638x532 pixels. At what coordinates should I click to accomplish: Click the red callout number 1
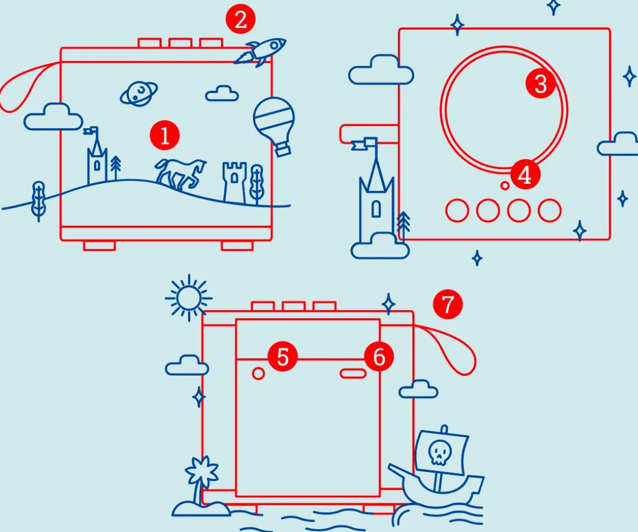coord(166,136)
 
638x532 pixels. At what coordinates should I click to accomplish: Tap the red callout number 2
coord(240,21)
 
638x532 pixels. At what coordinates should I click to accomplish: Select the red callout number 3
coord(540,84)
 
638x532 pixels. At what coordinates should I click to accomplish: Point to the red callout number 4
coord(525,175)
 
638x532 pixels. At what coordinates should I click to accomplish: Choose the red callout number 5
coord(282,357)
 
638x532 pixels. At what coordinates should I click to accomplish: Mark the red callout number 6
coord(379,357)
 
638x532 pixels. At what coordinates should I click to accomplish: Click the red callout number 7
coord(448,304)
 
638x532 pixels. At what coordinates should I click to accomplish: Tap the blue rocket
coord(261,51)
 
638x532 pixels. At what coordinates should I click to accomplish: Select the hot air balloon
coord(274,124)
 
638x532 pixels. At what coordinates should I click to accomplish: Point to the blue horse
coord(180,173)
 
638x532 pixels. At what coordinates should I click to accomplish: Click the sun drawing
coord(189,298)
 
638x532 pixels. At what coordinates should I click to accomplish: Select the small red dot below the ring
coord(505,186)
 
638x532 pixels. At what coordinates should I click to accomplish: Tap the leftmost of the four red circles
coord(457,210)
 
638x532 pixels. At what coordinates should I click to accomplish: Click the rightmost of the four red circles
coord(549,210)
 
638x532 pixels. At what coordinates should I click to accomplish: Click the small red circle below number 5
coord(258,374)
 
